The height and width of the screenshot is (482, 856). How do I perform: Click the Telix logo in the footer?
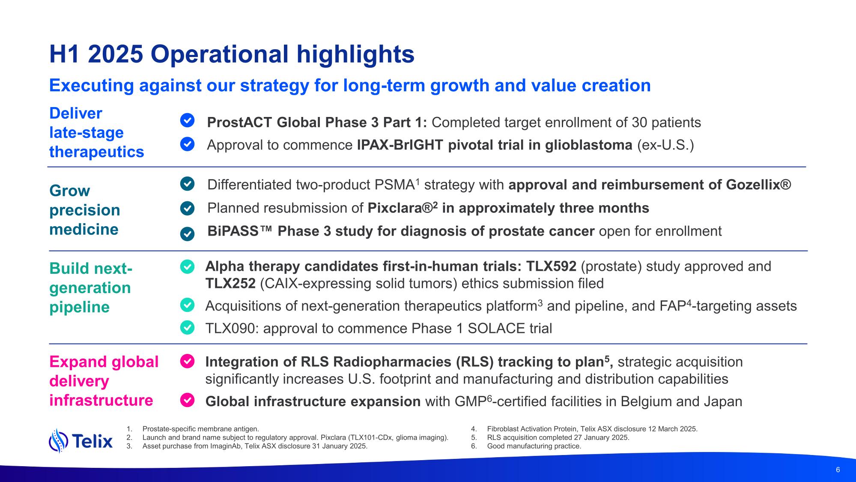[81, 440]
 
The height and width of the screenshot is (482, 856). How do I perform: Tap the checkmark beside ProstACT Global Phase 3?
[187, 121]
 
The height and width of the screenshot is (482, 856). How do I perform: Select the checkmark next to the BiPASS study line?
[187, 234]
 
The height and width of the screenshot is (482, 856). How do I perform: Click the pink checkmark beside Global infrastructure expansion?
[187, 400]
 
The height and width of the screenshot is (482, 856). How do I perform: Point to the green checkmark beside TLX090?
[187, 328]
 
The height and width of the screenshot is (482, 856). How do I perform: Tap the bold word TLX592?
[551, 266]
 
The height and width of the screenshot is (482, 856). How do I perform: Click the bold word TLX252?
[230, 284]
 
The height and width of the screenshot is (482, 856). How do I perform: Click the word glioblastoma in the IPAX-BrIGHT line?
[589, 145]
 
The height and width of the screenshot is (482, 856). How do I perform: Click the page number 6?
[838, 470]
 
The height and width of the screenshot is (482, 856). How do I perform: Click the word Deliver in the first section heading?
[76, 114]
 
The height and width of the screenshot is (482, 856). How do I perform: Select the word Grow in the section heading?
[70, 191]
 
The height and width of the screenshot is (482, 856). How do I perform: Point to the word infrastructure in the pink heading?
[101, 400]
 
